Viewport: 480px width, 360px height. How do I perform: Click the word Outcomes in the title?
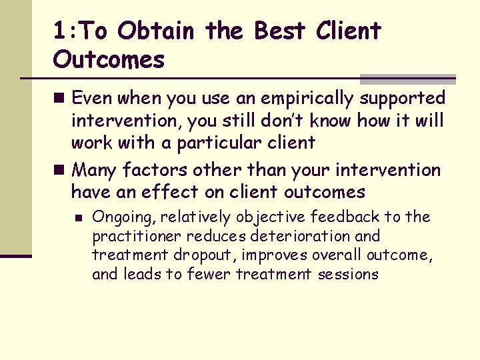click(x=109, y=60)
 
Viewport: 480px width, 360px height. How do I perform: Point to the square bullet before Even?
click(x=61, y=99)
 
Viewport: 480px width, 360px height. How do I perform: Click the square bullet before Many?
click(x=61, y=171)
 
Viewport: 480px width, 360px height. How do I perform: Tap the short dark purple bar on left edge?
click(x=16, y=256)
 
